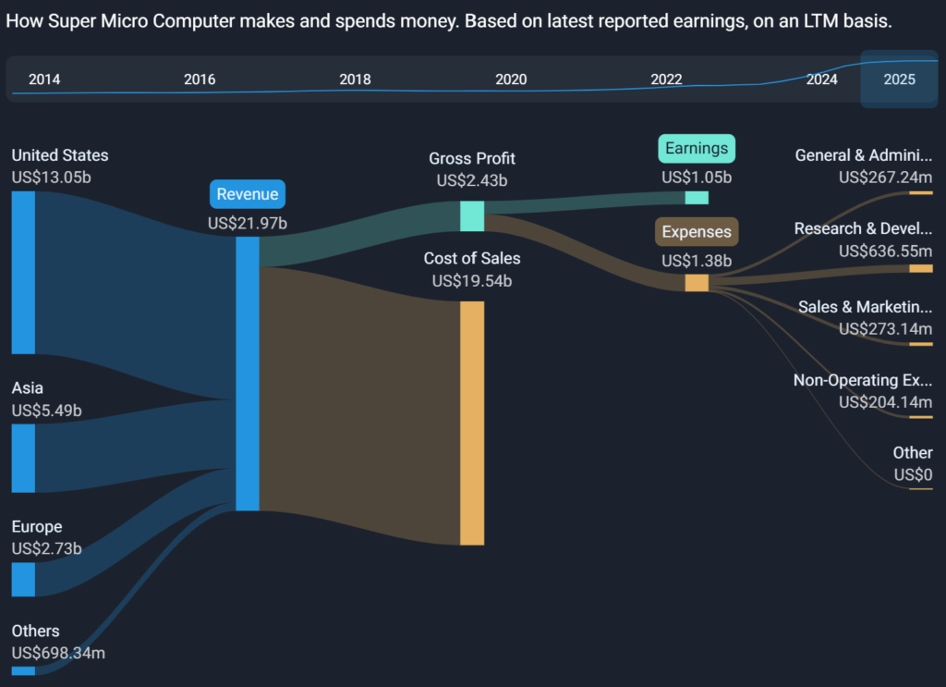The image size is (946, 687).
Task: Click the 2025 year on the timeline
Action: [899, 80]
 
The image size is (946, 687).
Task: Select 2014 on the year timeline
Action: [44, 80]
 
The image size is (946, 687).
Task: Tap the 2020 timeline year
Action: [511, 80]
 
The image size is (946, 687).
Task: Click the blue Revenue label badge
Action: [248, 194]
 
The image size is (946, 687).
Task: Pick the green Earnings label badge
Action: [697, 148]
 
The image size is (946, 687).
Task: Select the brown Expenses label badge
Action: [697, 232]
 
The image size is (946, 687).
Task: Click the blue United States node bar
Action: [23, 272]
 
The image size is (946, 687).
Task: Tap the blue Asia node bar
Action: [23, 458]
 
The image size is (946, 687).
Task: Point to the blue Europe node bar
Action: [23, 579]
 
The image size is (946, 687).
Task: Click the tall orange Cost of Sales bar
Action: [472, 423]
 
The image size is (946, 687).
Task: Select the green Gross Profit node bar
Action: [472, 215]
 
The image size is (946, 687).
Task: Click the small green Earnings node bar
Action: [697, 197]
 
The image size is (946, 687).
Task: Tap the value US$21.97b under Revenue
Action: [248, 223]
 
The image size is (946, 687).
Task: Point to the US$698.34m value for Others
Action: [58, 654]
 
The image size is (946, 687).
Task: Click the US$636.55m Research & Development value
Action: [885, 251]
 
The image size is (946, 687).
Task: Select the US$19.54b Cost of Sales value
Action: [472, 281]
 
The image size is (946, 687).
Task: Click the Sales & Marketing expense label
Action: [865, 307]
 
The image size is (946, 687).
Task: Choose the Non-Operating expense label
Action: [863, 380]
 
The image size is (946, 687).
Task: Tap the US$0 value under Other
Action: [913, 475]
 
